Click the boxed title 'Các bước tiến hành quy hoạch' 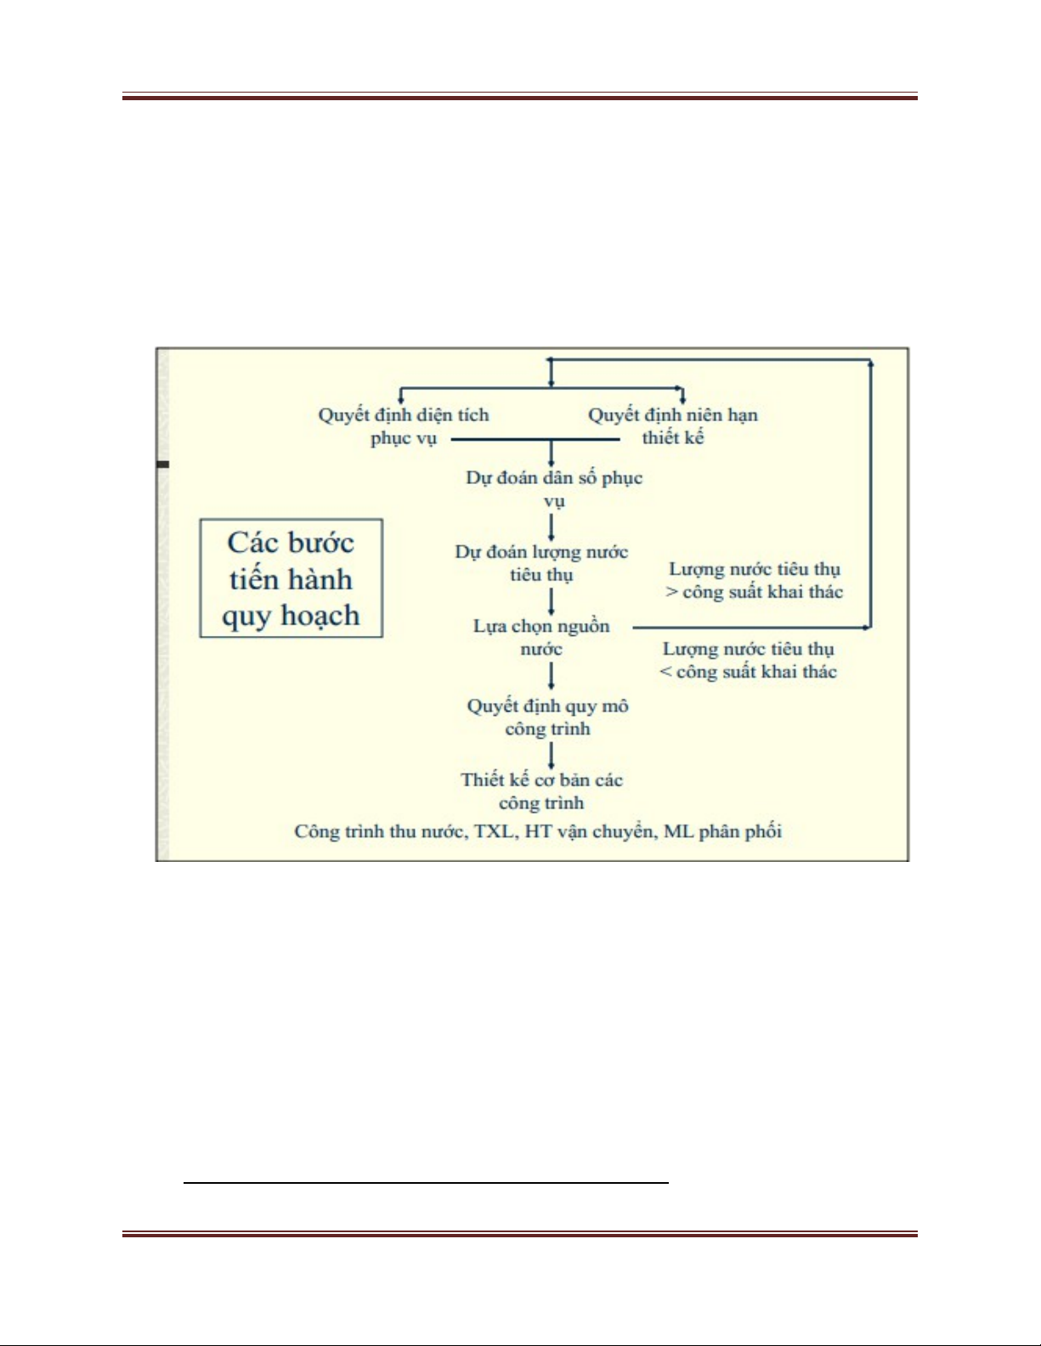[x=291, y=578]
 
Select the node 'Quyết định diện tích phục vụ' [x=404, y=426]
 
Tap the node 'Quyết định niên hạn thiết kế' [x=673, y=426]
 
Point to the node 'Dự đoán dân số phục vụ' [x=554, y=488]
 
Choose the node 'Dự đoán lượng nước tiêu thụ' [x=542, y=563]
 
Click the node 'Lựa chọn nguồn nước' [x=541, y=637]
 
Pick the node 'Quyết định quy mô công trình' [x=548, y=717]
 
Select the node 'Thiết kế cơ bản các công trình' [x=542, y=791]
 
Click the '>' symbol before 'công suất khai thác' [x=671, y=592]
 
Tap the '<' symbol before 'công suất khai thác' [x=665, y=672]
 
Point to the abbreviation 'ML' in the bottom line [x=678, y=831]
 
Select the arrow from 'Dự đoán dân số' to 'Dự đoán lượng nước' [x=552, y=527]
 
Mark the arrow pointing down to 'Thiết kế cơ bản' [x=552, y=755]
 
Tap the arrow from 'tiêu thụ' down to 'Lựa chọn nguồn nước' [x=552, y=601]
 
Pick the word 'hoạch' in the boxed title [x=320, y=616]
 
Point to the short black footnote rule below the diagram [x=426, y=1181]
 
